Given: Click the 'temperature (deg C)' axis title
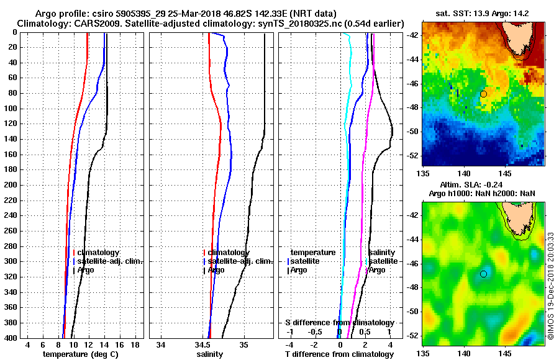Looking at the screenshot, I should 80,354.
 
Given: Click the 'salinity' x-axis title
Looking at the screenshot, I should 209,354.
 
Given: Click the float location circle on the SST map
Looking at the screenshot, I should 483,94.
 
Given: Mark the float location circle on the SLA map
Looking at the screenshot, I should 483,274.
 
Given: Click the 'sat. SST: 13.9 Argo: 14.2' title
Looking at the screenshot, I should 482,13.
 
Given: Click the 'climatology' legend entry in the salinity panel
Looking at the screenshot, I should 229,253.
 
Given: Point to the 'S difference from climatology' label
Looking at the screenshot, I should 339,323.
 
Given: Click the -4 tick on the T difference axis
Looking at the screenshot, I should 289,344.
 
